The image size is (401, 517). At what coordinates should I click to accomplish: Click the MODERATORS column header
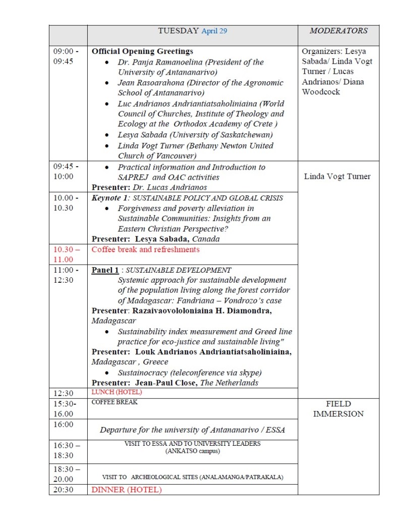pyautogui.click(x=338, y=31)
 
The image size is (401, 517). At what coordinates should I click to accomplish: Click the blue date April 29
pyautogui.click(x=214, y=31)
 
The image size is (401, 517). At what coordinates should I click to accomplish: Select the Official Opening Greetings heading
pyautogui.click(x=142, y=51)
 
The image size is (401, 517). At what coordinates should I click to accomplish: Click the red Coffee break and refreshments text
pyautogui.click(x=145, y=249)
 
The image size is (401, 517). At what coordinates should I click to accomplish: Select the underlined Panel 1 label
pyautogui.click(x=105, y=270)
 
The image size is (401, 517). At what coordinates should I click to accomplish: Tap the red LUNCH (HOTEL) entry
pyautogui.click(x=117, y=392)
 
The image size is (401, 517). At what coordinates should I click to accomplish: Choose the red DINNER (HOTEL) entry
pyautogui.click(x=127, y=489)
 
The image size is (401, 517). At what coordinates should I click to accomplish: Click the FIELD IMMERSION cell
pyautogui.click(x=338, y=409)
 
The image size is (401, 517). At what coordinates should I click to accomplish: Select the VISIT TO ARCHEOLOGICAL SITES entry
pyautogui.click(x=193, y=477)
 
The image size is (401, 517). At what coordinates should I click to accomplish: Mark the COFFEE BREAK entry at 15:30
pyautogui.click(x=114, y=402)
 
